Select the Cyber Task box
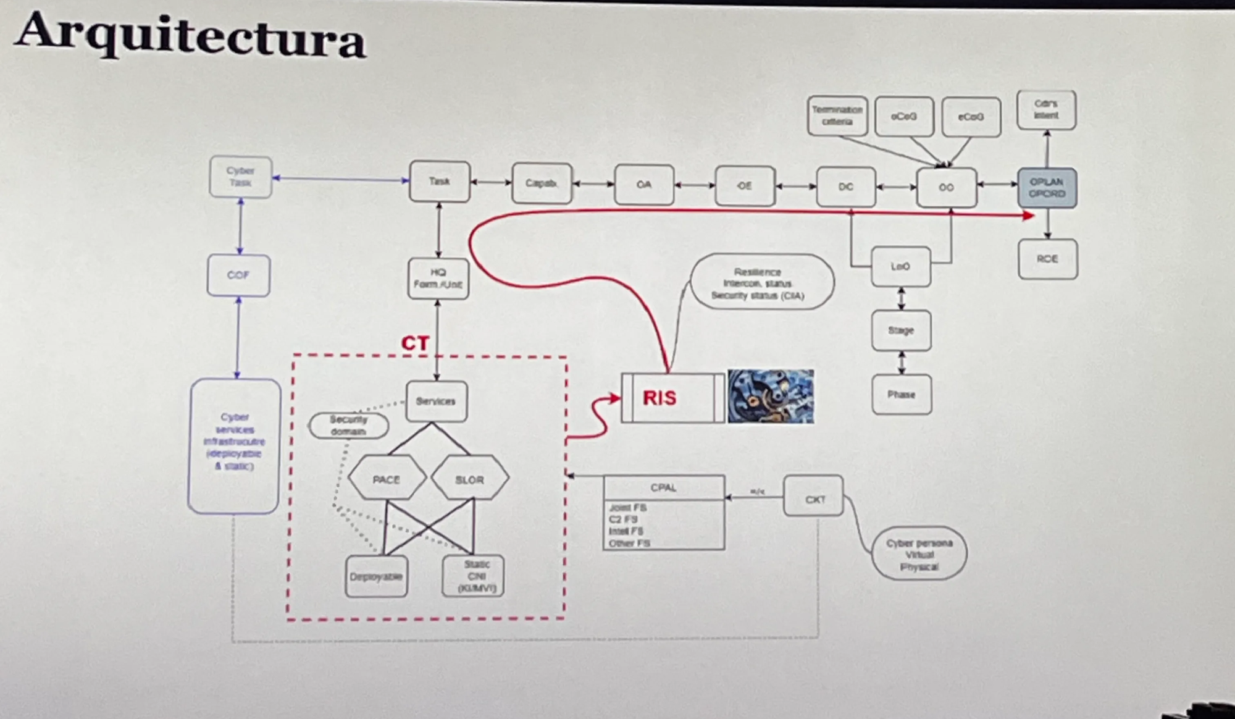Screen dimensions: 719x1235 pos(240,177)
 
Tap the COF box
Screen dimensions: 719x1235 pos(238,275)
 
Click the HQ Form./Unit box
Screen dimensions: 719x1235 pos(438,279)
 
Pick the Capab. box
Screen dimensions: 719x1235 pos(542,183)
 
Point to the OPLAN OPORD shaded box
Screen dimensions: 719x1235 pos(1047,188)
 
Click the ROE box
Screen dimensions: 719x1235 pos(1047,259)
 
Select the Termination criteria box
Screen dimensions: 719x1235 pos(837,116)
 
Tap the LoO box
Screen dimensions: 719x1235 pos(900,267)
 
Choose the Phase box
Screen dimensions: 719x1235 pos(902,394)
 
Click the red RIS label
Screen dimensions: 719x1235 pos(659,398)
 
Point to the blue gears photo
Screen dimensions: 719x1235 pos(771,397)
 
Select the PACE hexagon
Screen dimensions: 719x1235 pos(387,479)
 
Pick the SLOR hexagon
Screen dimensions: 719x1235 pos(469,479)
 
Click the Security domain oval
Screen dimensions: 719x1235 pos(348,426)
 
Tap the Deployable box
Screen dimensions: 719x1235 pos(376,576)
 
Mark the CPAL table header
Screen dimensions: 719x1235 pos(664,487)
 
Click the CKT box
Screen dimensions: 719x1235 pos(814,499)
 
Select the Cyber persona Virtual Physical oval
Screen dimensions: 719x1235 pos(919,554)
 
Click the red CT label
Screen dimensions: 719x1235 pos(415,343)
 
